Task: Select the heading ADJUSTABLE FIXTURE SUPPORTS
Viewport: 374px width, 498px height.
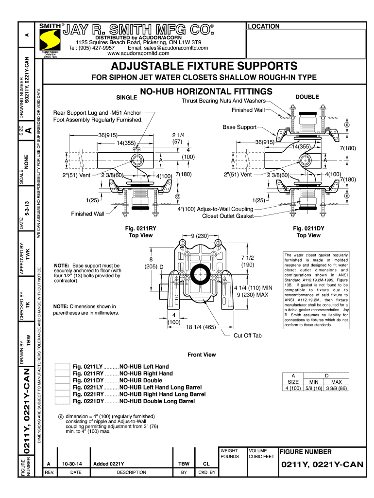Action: (x=204, y=66)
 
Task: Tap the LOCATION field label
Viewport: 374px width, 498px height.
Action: (x=263, y=26)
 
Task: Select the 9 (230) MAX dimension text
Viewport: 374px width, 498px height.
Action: (x=253, y=295)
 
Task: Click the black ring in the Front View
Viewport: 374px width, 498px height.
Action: (x=199, y=276)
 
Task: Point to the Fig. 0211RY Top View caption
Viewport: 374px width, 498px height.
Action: (x=140, y=231)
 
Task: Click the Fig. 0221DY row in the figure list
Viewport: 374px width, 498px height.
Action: (x=134, y=401)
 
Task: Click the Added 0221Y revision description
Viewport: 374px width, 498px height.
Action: (x=109, y=463)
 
